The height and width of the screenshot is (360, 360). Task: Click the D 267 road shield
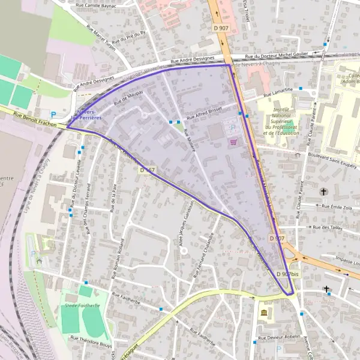point(148,170)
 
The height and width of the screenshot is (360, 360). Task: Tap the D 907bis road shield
point(287,274)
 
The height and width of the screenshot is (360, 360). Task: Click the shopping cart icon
point(233,142)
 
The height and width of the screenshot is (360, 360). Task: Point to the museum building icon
point(264,313)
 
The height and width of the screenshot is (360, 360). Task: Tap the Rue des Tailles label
point(327,228)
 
